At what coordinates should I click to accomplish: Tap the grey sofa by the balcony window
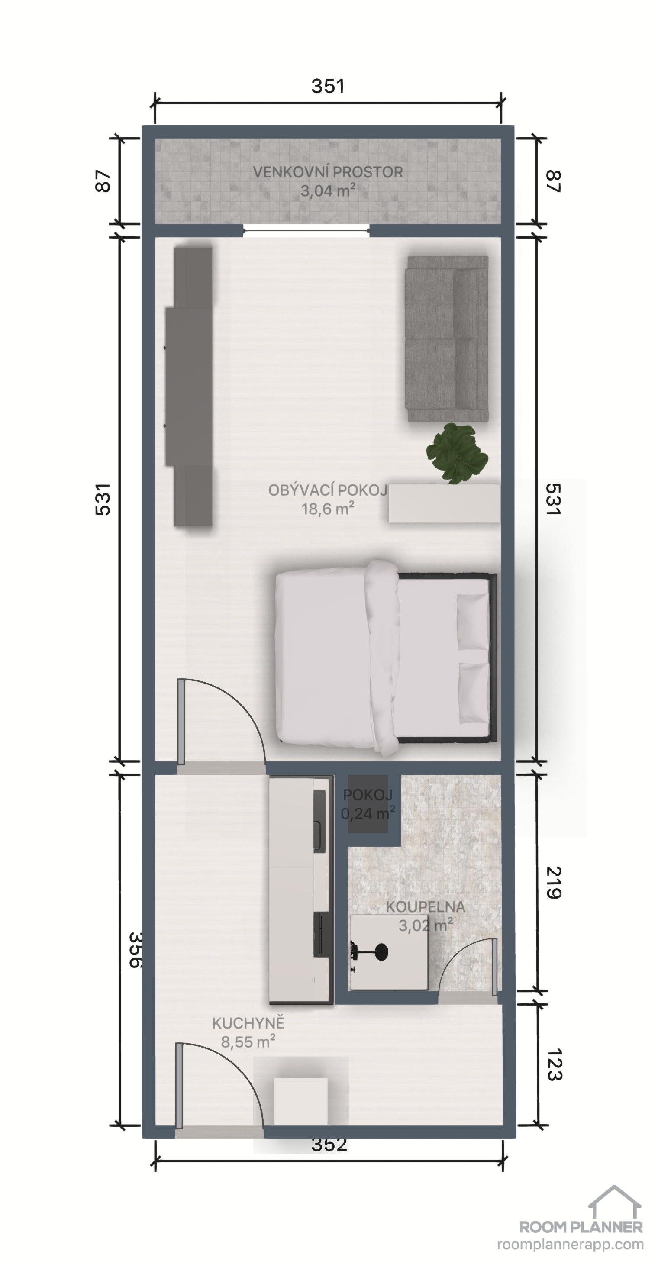[446, 339]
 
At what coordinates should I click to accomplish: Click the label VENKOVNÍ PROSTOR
[328, 172]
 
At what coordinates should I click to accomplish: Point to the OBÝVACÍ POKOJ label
[328, 490]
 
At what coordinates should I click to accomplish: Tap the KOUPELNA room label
[426, 907]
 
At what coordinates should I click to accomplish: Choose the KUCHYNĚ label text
[248, 1023]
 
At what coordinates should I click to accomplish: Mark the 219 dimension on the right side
[554, 882]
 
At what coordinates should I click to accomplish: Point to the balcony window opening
[306, 230]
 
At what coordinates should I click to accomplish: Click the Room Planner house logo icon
[615, 1202]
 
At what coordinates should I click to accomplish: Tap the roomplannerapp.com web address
[570, 1245]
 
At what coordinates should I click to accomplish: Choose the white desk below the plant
[444, 503]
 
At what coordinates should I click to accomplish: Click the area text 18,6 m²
[328, 509]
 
